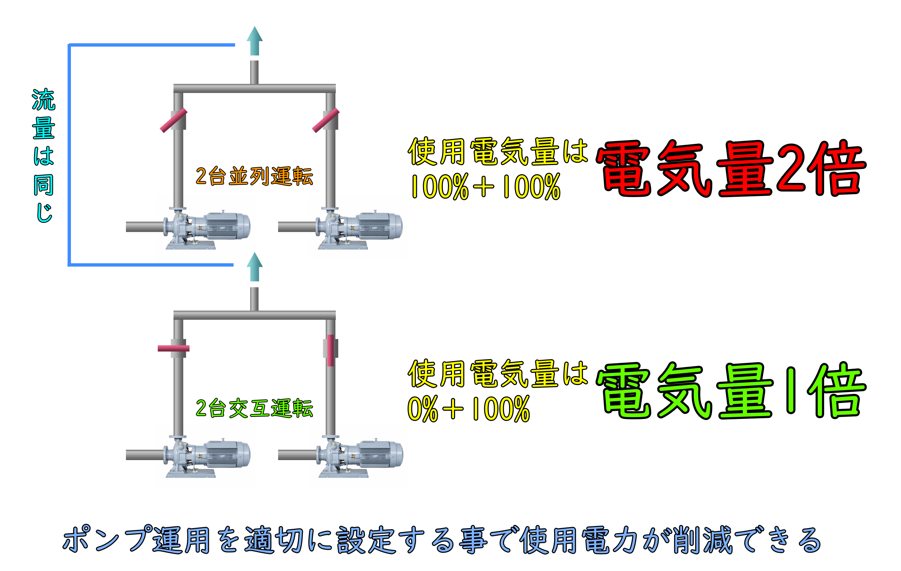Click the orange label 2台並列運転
[x=254, y=176]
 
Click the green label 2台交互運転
[x=254, y=408]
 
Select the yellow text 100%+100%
[x=486, y=186]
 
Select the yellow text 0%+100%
[x=469, y=409]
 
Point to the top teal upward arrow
[x=254, y=40]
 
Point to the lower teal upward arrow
[x=254, y=266]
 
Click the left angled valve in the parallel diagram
[x=173, y=121]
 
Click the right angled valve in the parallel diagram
[x=326, y=121]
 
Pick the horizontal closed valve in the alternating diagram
[x=173, y=348]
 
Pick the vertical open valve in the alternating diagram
[x=330, y=351]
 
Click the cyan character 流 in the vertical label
[x=44, y=100]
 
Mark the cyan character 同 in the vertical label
[x=44, y=185]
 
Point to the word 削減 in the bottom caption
[x=702, y=539]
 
